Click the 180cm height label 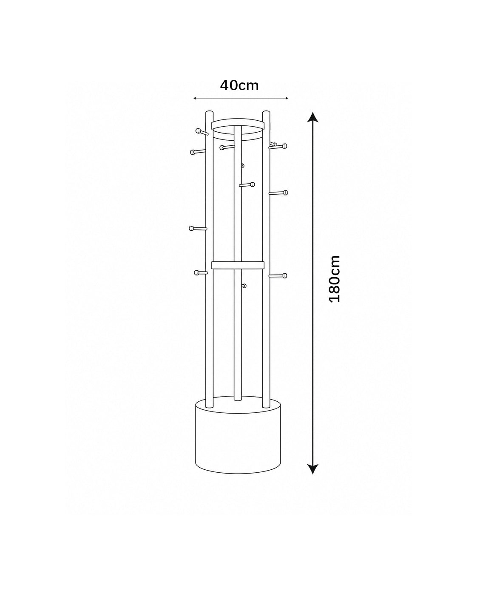pos(334,278)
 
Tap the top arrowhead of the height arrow pos(313,117)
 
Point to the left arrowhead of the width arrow pos(195,98)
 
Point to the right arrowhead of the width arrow pos(287,98)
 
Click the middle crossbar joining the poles pos(238,265)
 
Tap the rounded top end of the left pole pos(209,112)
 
